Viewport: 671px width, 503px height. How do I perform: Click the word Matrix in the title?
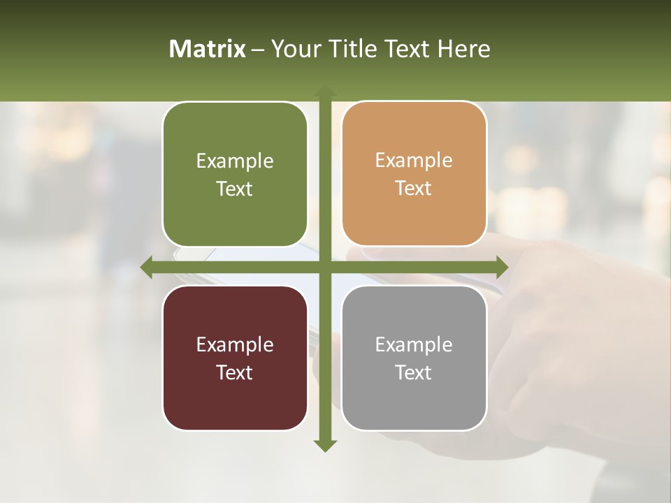pos(208,49)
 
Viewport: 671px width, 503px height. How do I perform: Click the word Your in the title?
pos(294,49)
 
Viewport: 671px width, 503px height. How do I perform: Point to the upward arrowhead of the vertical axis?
pos(325,92)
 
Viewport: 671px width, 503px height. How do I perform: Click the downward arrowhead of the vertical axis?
pos(325,445)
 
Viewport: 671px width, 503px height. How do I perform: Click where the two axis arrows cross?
pos(325,267)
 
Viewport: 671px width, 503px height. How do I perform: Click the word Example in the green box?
pos(235,161)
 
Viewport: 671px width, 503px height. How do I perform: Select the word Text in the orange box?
pos(414,189)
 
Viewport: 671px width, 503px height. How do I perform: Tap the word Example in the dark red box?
pos(235,345)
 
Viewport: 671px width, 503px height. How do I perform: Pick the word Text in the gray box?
pos(414,373)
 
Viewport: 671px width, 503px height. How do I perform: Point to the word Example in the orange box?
pos(414,161)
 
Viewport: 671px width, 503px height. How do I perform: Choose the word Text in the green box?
pos(235,189)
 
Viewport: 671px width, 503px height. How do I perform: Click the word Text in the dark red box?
pos(235,373)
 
